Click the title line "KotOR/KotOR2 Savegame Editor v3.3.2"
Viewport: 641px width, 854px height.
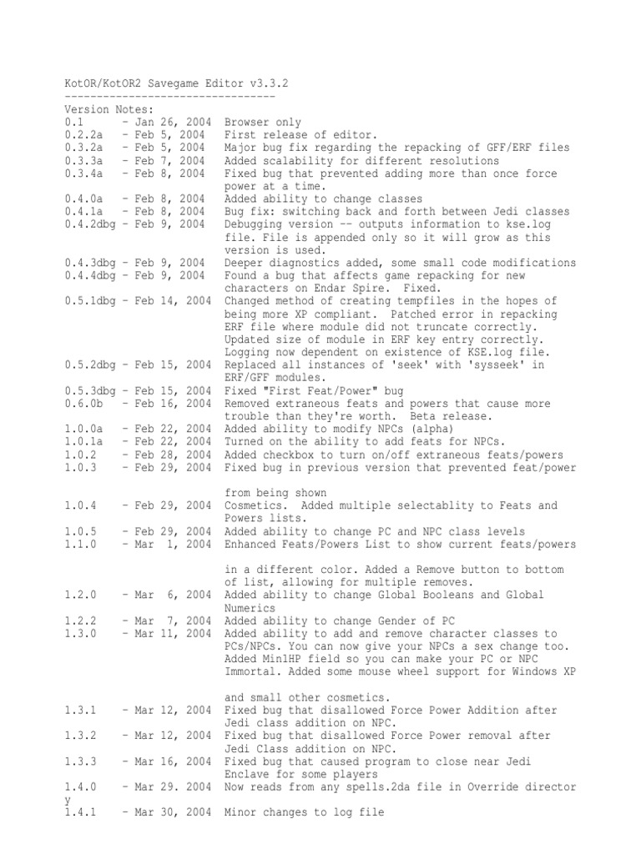point(177,84)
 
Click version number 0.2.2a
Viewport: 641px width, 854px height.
point(83,135)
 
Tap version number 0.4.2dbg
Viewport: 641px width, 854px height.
point(89,224)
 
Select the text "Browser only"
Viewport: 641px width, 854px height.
point(263,123)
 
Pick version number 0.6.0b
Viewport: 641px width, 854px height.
point(83,403)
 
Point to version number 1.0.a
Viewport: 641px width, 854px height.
point(83,429)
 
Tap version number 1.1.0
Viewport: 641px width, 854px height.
point(80,544)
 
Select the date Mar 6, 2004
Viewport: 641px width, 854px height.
point(170,595)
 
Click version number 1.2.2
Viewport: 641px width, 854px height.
point(80,620)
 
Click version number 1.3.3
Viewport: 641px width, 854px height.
point(80,761)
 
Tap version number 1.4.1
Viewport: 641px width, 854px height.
point(80,812)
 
